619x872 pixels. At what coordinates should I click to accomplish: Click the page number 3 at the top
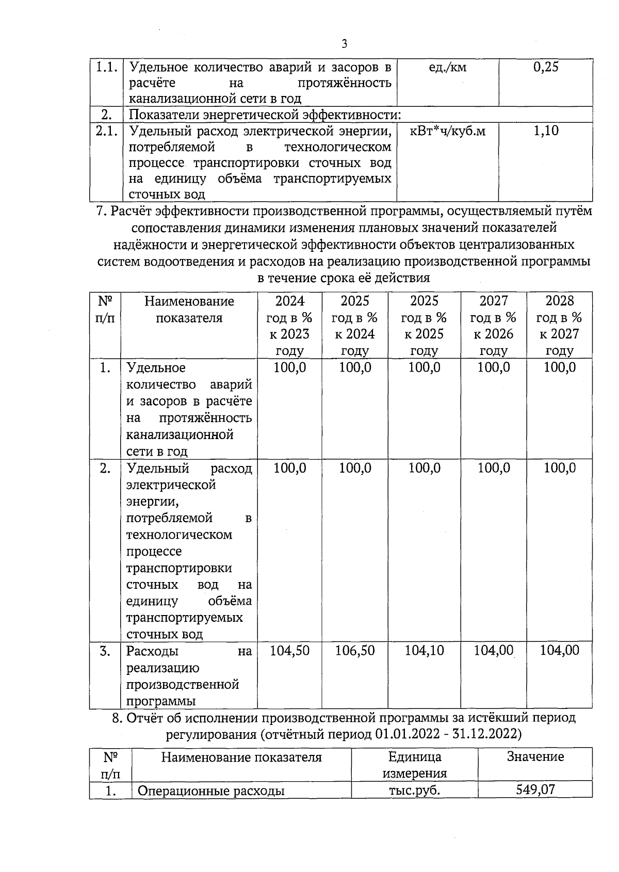(345, 44)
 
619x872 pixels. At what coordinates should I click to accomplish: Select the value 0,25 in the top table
(546, 67)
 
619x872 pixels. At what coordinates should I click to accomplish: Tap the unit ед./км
(447, 67)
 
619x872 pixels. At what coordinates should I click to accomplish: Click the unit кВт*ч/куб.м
(447, 131)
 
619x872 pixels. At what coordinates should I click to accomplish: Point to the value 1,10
(546, 131)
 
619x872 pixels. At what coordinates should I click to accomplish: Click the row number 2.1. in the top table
(107, 131)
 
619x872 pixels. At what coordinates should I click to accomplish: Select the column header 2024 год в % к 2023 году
(289, 326)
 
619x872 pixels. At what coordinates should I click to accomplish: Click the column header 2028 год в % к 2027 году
(559, 326)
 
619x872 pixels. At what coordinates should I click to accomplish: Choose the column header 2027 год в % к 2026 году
(493, 326)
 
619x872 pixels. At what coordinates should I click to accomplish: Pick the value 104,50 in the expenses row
(289, 651)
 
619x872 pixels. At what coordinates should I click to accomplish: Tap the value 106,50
(355, 651)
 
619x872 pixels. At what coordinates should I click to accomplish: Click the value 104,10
(424, 651)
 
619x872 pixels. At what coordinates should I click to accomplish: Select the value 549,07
(535, 790)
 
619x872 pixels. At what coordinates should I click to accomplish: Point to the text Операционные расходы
(211, 790)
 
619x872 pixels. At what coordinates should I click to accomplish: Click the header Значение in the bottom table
(535, 757)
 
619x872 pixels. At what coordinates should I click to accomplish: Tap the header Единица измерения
(414, 765)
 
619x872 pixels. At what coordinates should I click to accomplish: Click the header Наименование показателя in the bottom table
(241, 757)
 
